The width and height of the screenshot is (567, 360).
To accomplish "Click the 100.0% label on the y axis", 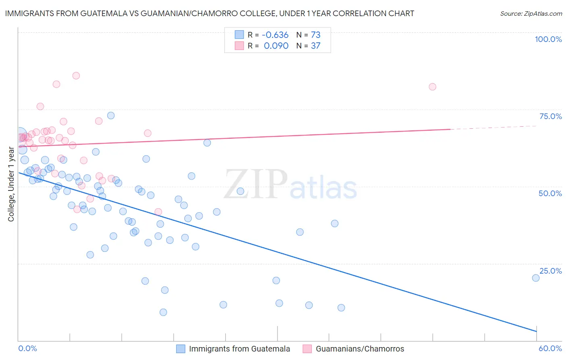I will pos(548,39).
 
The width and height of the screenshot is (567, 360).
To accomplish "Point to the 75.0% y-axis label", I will pos(550,116).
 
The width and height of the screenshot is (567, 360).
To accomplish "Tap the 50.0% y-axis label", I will pos(550,193).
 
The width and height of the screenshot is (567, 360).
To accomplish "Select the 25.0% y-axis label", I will pos(550,271).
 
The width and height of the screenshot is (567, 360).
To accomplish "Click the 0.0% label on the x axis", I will pos(27,349).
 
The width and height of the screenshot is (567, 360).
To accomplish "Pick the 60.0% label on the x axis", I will pos(550,349).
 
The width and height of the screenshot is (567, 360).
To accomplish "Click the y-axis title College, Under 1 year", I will pos(11,184).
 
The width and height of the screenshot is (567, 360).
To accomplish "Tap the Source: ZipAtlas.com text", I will pos(531,14).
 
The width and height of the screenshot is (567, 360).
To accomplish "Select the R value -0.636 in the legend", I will pos(276,35).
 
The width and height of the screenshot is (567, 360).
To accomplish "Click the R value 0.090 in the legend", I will pos(276,46).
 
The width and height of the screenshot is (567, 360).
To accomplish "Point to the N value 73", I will pos(315,35).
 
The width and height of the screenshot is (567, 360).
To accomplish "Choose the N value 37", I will pos(315,46).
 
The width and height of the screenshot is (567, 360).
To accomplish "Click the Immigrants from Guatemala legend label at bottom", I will pos(239,349).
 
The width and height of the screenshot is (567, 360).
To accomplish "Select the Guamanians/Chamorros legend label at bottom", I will pos(360,349).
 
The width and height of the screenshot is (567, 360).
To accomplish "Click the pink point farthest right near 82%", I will pos(432,87).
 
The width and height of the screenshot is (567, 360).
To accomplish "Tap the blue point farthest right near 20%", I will pos(536,278).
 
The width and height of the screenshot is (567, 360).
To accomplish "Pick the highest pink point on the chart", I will pos(76,75).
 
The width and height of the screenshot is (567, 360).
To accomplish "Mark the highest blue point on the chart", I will pos(111,115).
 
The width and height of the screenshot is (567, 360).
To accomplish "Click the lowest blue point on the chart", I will pos(163,312).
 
